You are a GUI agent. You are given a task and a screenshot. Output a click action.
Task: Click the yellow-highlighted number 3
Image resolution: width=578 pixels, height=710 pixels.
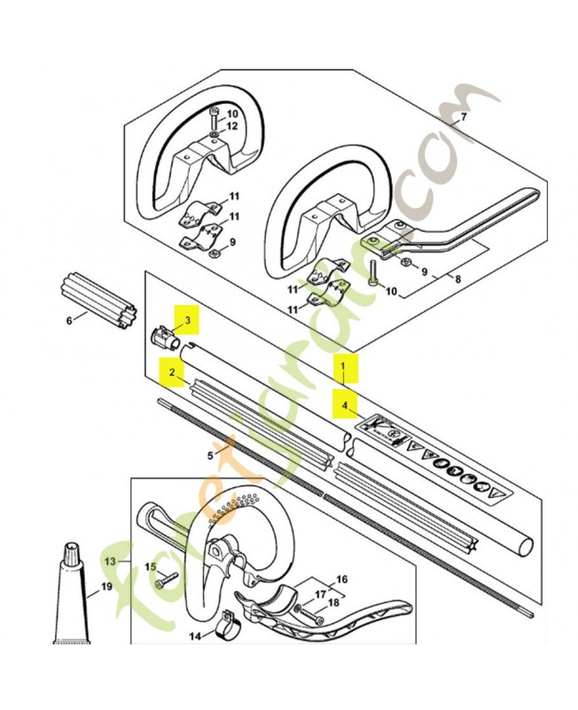(188, 320)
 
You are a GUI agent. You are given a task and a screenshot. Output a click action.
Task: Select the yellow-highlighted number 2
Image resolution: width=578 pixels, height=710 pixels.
(172, 372)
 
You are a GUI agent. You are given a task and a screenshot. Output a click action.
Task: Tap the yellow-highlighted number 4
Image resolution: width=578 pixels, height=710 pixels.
(345, 406)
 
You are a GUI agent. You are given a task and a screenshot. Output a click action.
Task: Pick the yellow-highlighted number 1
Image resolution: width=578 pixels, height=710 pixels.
(343, 365)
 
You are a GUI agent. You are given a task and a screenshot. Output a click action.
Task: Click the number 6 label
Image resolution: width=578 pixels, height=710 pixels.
(69, 320)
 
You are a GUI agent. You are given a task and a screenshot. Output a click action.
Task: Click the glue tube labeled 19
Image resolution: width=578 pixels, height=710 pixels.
(73, 593)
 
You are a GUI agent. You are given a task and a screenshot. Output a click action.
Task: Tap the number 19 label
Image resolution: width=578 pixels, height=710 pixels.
(106, 587)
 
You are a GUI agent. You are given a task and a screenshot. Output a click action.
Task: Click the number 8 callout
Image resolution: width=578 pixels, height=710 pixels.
(458, 279)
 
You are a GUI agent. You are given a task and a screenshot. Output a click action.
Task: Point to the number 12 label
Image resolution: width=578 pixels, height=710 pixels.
(231, 126)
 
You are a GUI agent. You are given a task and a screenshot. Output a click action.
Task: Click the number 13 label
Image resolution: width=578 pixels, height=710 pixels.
(110, 562)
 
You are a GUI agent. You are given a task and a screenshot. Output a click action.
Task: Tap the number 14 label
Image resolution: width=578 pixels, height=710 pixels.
(195, 636)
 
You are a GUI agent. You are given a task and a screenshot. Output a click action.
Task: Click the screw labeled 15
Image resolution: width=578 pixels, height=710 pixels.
(167, 581)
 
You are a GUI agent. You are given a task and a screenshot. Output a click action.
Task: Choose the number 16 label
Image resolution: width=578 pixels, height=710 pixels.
(342, 579)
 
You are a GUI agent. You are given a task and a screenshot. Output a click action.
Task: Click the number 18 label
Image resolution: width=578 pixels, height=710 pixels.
(333, 603)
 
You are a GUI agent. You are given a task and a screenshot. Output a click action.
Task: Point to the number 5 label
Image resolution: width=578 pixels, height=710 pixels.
(210, 455)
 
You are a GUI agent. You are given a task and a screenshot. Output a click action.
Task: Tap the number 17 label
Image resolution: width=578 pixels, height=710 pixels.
(320, 594)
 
